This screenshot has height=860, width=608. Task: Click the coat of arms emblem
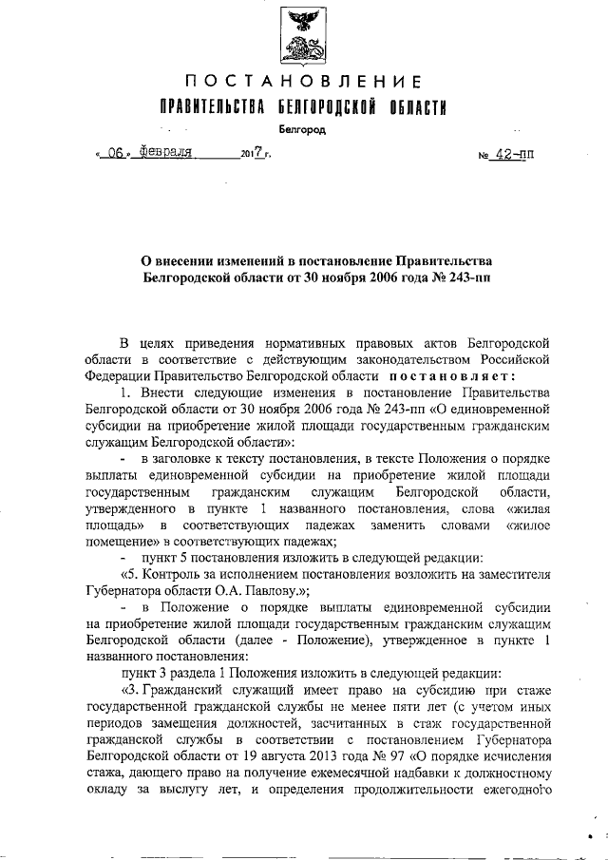tap(304, 35)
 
